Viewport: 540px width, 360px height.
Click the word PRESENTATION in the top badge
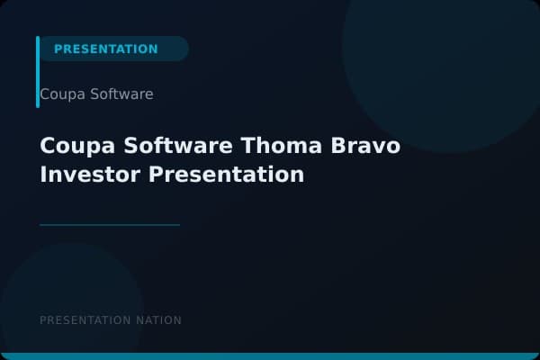(105, 49)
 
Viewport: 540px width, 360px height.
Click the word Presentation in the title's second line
(226, 174)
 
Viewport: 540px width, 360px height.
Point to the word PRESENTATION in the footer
(85, 320)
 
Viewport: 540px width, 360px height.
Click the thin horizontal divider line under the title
(110, 225)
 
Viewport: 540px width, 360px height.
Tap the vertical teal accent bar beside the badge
(38, 72)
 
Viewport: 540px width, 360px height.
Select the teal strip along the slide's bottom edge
(270, 356)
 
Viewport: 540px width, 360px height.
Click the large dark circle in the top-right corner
(441, 54)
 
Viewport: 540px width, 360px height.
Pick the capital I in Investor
(43, 174)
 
